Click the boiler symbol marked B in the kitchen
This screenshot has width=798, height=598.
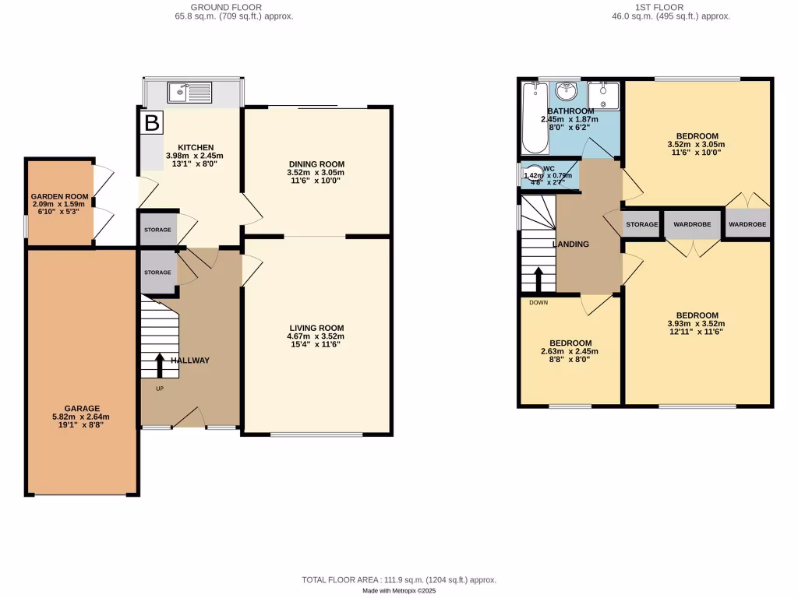(152, 122)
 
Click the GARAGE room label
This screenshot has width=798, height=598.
(82, 408)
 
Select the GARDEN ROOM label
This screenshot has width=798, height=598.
(59, 197)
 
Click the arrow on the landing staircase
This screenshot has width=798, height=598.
(538, 277)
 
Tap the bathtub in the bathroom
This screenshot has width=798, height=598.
(534, 117)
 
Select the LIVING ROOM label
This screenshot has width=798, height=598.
(315, 328)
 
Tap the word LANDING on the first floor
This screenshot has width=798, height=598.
(570, 244)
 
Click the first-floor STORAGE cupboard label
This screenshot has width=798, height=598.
(642, 224)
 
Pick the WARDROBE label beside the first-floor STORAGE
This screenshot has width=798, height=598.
(692, 224)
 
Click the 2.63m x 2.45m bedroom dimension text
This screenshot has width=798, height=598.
(570, 351)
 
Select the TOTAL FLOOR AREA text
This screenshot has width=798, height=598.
(399, 580)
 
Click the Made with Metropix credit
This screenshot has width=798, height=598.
(399, 590)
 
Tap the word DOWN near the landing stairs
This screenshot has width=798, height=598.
(538, 302)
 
